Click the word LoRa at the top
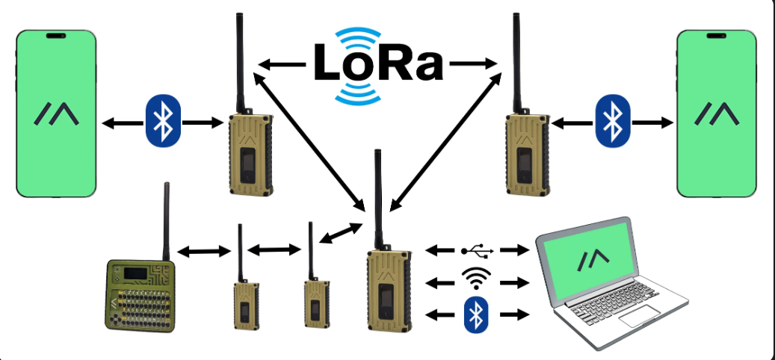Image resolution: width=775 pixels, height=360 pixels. (378, 64)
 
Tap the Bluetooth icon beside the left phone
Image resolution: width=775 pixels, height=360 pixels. (163, 120)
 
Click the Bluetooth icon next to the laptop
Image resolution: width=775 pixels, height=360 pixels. (472, 314)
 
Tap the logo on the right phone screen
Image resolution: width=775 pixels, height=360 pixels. (717, 114)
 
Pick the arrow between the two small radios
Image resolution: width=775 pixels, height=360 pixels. (273, 249)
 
